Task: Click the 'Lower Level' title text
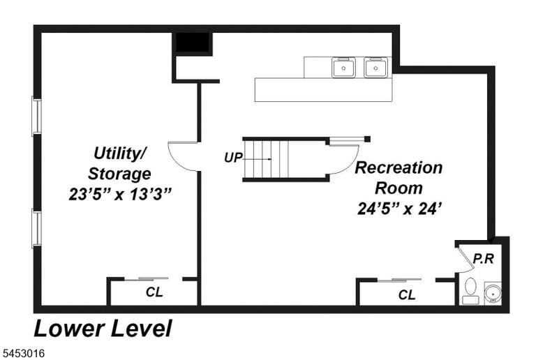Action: [103, 329]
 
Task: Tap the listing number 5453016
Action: [24, 353]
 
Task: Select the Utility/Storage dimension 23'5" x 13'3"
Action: [119, 195]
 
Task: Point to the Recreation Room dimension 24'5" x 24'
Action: [399, 209]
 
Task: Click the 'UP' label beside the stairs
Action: [233, 158]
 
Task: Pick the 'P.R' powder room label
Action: [483, 259]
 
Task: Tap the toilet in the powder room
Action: [470, 291]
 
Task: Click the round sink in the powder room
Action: [493, 293]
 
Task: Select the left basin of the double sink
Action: [343, 68]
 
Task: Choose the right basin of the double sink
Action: [375, 68]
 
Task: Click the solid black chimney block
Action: [193, 42]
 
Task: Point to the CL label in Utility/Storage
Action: [154, 292]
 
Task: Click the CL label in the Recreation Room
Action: [407, 294]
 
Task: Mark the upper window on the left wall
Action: [36, 116]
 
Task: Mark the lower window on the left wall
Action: [36, 229]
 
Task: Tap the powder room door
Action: [463, 257]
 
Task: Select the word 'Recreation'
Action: [399, 167]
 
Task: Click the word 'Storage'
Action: [119, 174]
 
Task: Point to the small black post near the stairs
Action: [367, 139]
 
